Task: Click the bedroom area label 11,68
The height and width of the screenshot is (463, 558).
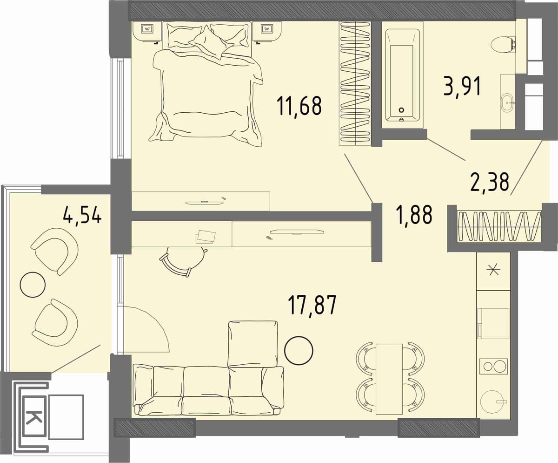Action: tap(299, 106)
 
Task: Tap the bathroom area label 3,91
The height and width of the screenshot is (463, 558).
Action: tap(462, 86)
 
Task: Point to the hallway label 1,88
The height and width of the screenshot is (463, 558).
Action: tap(414, 215)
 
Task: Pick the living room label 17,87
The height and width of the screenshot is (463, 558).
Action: tap(312, 305)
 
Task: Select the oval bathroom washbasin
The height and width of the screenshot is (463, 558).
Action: tap(507, 102)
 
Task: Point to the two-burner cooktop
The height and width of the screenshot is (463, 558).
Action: tap(493, 366)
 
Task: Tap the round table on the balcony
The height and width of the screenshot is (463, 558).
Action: tap(33, 285)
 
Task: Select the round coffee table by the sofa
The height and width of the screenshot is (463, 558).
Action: tap(299, 350)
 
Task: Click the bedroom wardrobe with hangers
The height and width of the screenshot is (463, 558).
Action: tap(355, 83)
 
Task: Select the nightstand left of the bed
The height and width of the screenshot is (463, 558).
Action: tap(147, 31)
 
